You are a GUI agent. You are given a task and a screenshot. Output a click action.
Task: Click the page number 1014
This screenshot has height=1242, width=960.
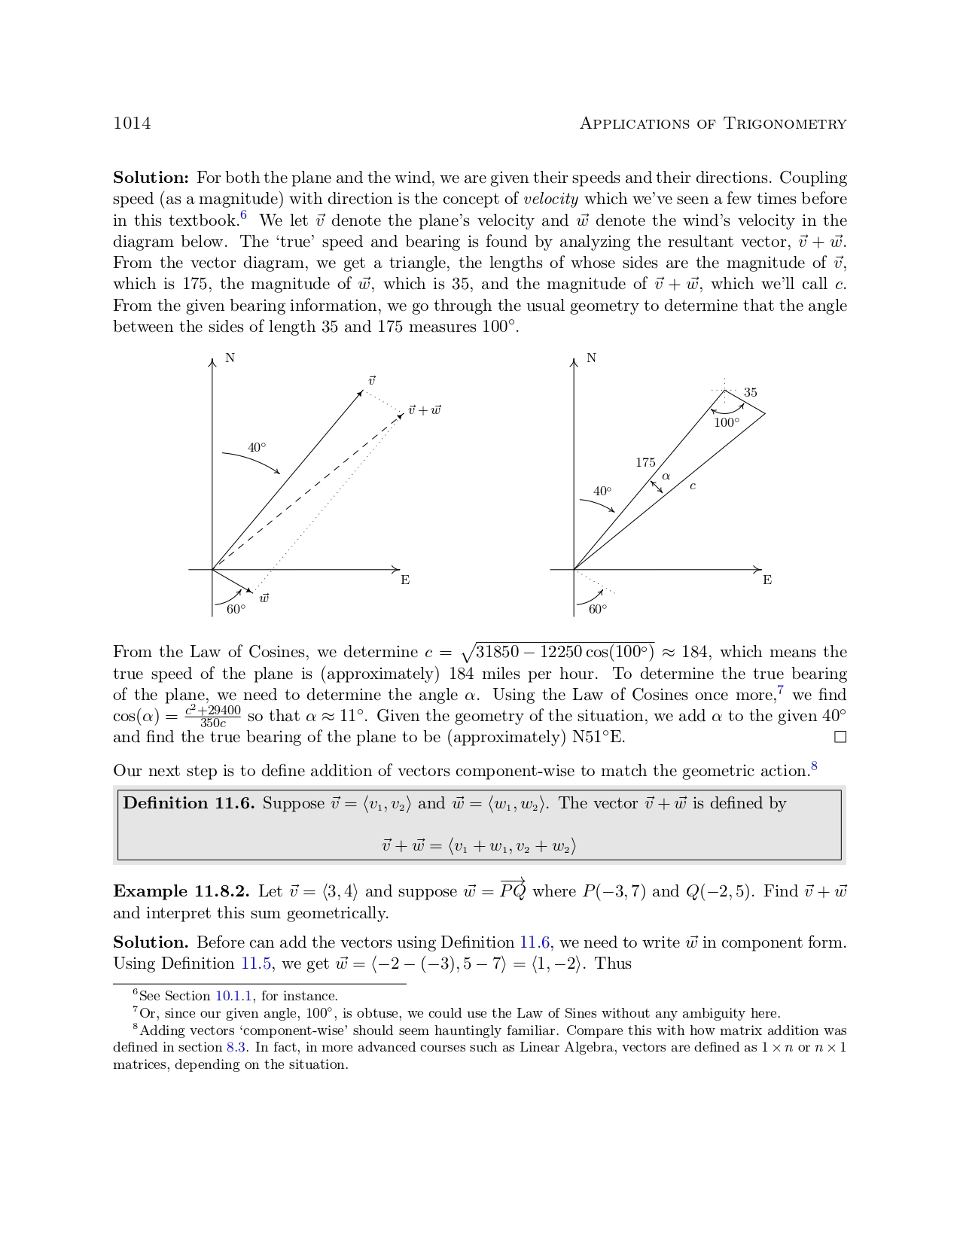(x=132, y=123)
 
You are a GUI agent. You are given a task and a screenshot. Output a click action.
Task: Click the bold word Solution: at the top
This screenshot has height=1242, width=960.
(x=151, y=178)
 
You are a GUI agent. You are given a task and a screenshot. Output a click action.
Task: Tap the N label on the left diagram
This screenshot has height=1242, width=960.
(x=230, y=358)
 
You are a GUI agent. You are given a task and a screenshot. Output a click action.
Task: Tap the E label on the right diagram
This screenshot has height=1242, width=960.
(x=767, y=580)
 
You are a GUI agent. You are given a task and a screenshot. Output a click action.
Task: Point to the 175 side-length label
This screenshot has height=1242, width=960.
(x=645, y=463)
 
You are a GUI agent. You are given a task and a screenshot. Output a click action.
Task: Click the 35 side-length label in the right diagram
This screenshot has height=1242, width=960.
(x=751, y=393)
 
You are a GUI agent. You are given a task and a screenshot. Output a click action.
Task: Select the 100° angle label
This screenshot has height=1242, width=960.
(x=727, y=423)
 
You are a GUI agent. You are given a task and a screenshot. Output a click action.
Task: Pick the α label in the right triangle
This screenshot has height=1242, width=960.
(x=666, y=476)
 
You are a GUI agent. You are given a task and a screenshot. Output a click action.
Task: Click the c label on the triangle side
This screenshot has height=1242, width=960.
(x=693, y=486)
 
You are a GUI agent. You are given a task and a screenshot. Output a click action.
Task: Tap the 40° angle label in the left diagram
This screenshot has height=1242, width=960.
(x=257, y=448)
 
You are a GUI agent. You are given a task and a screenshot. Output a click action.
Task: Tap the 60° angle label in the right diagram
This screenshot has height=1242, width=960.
(x=598, y=610)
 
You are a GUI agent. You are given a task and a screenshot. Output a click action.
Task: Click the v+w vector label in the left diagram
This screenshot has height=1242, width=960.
(x=425, y=410)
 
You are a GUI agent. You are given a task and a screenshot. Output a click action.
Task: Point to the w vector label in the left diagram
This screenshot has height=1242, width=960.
(x=264, y=598)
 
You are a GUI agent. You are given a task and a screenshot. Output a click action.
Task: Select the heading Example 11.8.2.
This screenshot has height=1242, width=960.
(x=181, y=892)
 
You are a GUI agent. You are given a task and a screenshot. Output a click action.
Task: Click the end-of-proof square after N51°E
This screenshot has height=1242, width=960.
(x=840, y=738)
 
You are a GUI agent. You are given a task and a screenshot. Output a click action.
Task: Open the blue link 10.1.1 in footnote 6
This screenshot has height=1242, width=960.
(x=233, y=997)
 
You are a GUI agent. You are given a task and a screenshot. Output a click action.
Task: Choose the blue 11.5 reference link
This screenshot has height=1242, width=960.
(x=256, y=964)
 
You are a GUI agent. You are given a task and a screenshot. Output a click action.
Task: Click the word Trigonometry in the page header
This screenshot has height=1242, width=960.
(x=785, y=124)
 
